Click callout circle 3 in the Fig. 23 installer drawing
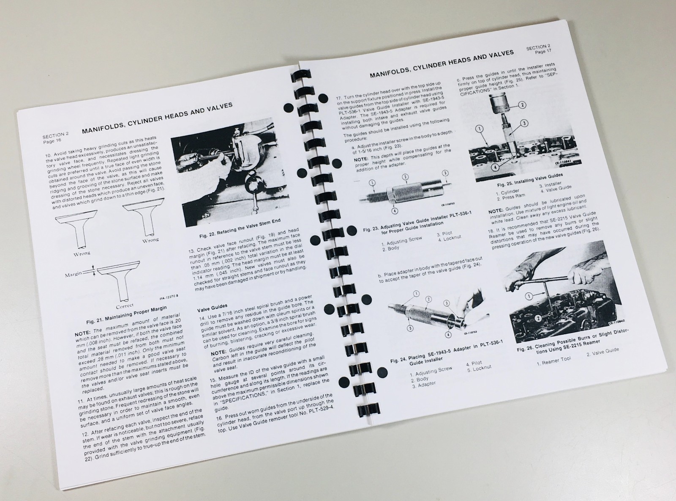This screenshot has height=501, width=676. coord(445,173)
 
